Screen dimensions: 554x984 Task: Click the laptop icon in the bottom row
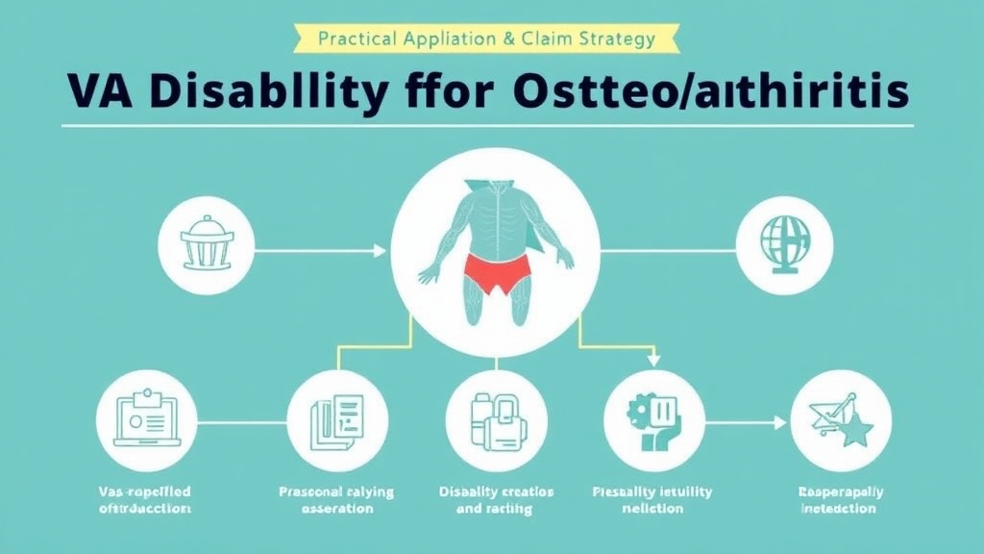point(146,421)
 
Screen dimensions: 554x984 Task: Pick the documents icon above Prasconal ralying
point(336,421)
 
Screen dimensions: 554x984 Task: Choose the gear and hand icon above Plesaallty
point(652,421)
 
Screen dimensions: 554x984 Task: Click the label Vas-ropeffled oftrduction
point(145,500)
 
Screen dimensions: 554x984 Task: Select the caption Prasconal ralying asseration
point(336,500)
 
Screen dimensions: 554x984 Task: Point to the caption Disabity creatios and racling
point(496,500)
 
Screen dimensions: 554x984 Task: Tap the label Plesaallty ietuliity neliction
point(652,500)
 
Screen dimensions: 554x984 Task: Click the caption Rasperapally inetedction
point(840,500)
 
